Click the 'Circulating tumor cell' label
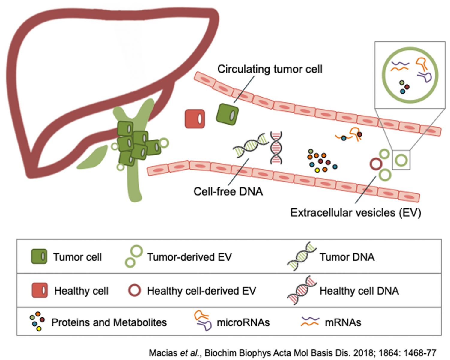pos(270,69)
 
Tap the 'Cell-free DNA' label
pos(228,191)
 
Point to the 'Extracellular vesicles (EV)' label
pos(356,213)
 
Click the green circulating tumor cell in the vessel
pos(227,114)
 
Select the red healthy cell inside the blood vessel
pos(195,119)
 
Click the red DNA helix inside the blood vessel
pos(276,148)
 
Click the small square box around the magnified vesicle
pos(401,160)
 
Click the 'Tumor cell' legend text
pos(77,257)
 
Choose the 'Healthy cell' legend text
pos(81,291)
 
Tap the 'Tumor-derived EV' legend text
pos(189,257)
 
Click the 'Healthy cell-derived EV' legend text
pos(201,291)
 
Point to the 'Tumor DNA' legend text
pos(347,257)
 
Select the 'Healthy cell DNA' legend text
pos(359,291)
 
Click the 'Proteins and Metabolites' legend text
pos(109,322)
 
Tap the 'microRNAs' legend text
pos(243,322)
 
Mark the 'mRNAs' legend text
pos(343,322)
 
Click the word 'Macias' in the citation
pos(164,353)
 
